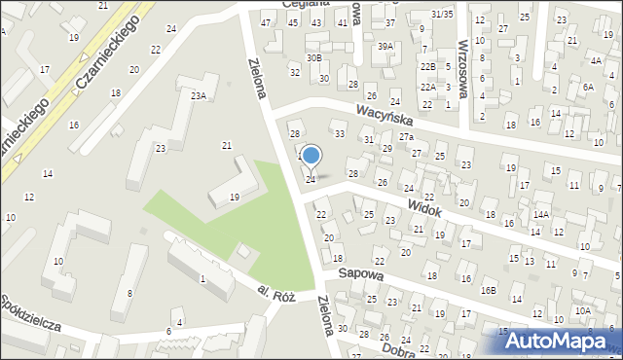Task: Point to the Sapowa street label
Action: (x=360, y=275)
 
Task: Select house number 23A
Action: (x=199, y=95)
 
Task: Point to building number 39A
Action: (x=386, y=46)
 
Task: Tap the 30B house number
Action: (x=313, y=58)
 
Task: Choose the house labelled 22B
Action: (x=427, y=66)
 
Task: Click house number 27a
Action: (x=406, y=136)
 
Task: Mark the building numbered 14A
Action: (x=541, y=213)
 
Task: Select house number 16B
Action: (x=488, y=290)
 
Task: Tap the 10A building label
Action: (x=582, y=310)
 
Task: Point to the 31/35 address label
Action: (x=442, y=14)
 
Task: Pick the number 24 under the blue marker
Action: (x=311, y=179)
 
